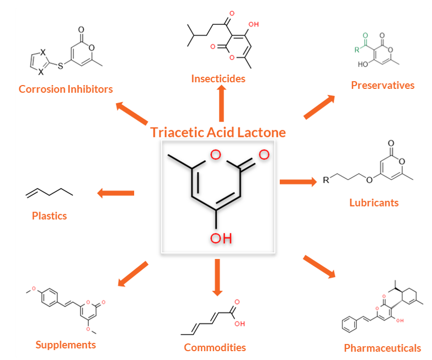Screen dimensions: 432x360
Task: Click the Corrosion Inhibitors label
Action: point(66,89)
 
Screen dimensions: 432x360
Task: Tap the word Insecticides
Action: point(218,78)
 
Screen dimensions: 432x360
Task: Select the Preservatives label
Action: point(383,85)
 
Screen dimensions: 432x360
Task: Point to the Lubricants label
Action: point(374,203)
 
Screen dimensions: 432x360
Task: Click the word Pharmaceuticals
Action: point(382,348)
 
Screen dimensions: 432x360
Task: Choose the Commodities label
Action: point(215,347)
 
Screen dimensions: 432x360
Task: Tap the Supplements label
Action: point(66,345)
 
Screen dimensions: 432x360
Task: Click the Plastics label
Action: point(49,216)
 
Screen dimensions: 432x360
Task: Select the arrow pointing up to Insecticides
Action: point(221,103)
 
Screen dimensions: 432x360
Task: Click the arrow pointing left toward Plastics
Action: point(116,193)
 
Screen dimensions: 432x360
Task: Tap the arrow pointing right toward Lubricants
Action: point(298,182)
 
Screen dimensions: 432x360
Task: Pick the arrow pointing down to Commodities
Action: point(217,277)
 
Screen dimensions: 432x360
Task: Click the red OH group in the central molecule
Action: point(221,238)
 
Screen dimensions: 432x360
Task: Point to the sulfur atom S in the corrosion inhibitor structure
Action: point(60,66)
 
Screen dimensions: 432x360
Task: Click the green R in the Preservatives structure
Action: point(357,50)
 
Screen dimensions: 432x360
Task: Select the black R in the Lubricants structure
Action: point(326,180)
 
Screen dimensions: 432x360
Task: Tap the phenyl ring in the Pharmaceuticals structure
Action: point(349,325)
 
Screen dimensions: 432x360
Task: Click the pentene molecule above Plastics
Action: point(49,193)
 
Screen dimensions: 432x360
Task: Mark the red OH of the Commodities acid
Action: point(239,324)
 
